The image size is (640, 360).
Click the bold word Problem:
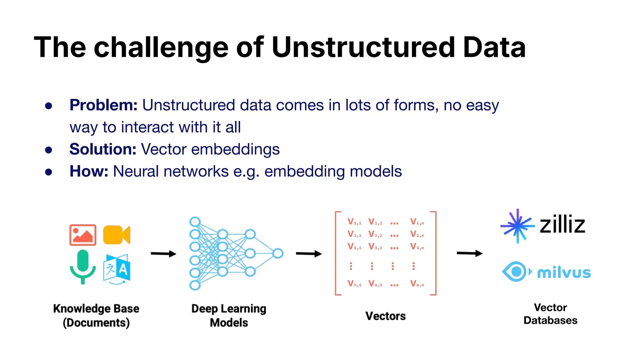pos(103,105)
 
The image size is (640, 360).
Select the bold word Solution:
pos(103,149)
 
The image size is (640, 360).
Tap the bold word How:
pos(89,172)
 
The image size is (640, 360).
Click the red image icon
pos(83,235)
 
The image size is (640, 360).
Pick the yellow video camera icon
pos(116,235)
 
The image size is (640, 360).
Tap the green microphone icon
pos(83,266)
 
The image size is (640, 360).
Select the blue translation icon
pos(117,268)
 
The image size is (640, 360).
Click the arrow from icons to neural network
pos(163,254)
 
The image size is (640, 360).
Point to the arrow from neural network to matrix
pos(309,254)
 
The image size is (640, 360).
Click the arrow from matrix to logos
pos(469,253)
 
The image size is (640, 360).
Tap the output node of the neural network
pos(277,253)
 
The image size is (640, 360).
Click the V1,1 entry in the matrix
pos(354,222)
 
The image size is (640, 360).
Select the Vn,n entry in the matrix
pos(417,284)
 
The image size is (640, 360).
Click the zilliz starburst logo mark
pos(517,226)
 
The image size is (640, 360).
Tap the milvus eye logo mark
pos(516,272)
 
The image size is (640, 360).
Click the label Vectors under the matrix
pos(385,316)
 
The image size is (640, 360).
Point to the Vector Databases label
pos(550,314)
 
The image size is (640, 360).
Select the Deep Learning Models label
pos(229,316)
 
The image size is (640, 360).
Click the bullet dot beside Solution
pos(48,150)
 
